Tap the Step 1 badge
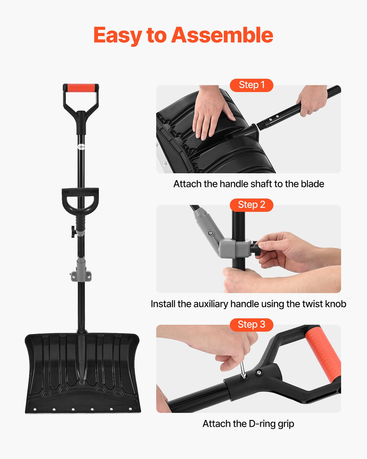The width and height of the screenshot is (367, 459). [x=252, y=85]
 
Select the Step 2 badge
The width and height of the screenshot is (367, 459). [x=252, y=205]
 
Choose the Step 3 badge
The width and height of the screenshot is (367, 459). [x=252, y=325]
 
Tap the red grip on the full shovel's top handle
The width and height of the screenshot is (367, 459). [x=81, y=87]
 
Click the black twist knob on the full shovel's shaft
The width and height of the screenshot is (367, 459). [x=74, y=232]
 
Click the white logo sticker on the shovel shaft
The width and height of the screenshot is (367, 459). [x=81, y=147]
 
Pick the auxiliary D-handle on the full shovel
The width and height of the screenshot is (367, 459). [x=80, y=200]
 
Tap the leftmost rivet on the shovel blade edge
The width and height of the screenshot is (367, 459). [x=35, y=409]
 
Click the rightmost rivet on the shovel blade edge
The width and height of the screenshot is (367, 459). [x=130, y=409]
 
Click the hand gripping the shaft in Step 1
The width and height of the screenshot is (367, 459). [x=313, y=100]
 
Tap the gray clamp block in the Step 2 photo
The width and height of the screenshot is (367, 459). [x=235, y=249]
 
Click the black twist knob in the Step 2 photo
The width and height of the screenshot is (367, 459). [x=254, y=247]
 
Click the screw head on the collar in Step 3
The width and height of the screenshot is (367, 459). [x=259, y=372]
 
